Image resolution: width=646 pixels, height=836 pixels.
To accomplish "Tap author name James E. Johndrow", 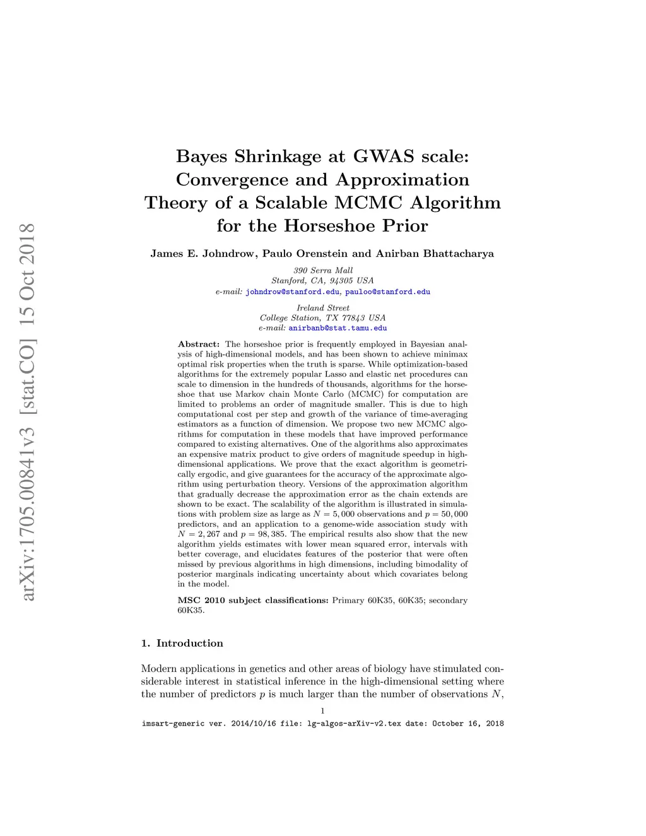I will (203, 254).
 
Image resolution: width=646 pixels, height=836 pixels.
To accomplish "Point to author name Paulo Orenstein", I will (305, 254).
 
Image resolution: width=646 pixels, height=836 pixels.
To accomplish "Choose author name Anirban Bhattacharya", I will (435, 254).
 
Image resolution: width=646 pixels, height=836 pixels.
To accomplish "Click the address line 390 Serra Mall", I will (323, 271).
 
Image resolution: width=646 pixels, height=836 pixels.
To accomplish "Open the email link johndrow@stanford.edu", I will (293, 292).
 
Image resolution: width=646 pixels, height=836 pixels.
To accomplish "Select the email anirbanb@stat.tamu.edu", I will (338, 328).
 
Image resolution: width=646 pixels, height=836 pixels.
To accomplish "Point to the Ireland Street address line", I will (323, 308).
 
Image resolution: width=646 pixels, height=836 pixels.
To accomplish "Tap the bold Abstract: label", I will (199, 344).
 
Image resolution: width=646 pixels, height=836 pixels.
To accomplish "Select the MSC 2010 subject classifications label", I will (253, 601).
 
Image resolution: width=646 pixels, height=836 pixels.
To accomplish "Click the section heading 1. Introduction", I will (182, 644).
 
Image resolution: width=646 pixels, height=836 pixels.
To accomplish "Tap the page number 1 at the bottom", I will (322, 711).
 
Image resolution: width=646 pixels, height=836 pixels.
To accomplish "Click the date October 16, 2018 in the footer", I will (467, 724).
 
